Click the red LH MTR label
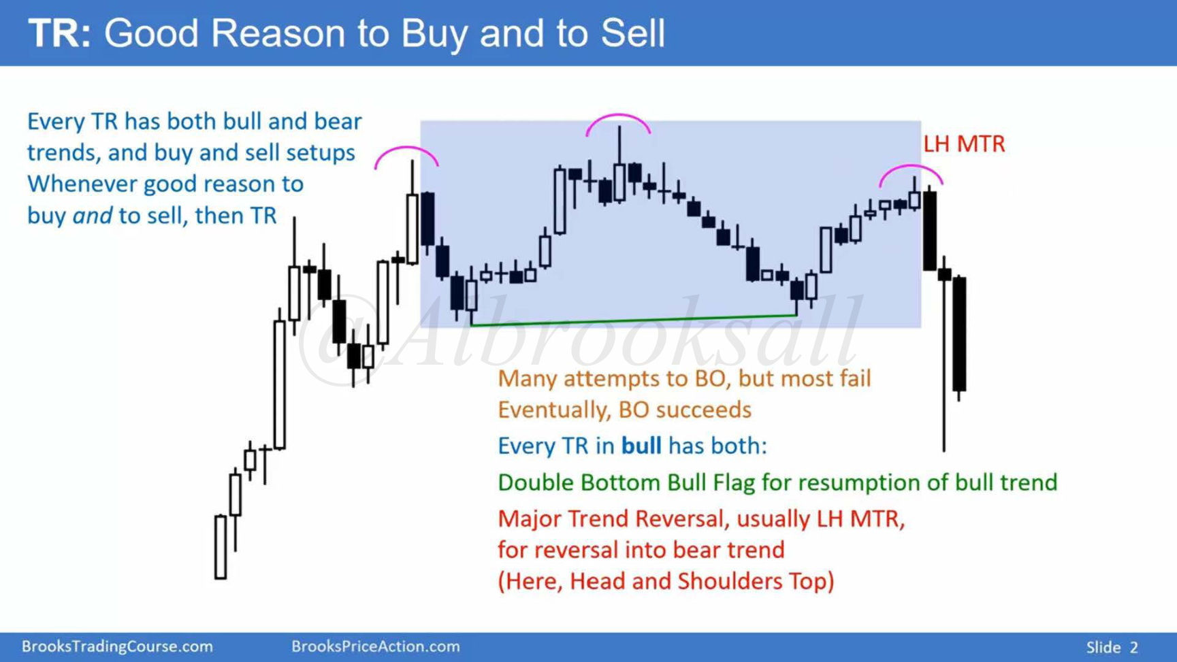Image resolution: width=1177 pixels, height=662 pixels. [x=963, y=144]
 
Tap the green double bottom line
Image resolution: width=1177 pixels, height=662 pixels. [x=634, y=320]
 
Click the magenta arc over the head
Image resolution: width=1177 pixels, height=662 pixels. [x=618, y=116]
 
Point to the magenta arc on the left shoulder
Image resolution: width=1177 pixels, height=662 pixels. [x=406, y=148]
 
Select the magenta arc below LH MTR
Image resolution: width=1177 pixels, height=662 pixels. [x=911, y=167]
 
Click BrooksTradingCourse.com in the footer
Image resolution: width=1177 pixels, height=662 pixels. [x=117, y=646]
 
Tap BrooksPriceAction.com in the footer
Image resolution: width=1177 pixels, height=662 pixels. [x=375, y=646]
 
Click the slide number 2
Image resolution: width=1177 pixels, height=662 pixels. [x=1134, y=647]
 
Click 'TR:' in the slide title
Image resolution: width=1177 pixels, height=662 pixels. [x=59, y=33]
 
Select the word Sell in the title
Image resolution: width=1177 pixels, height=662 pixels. [x=632, y=33]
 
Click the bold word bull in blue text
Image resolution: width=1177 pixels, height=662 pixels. [x=641, y=446]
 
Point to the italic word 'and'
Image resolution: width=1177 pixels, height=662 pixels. [x=92, y=216]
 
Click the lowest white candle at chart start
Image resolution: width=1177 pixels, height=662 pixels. [x=221, y=547]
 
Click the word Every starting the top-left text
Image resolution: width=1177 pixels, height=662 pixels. [x=56, y=122]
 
